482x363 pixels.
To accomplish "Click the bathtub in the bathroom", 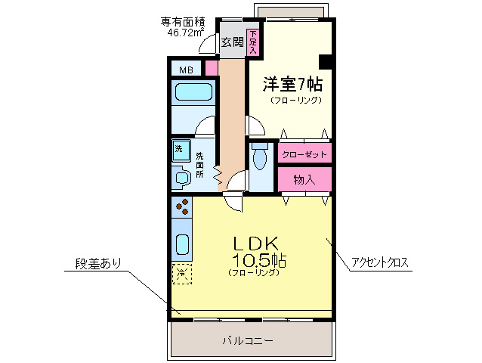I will (194, 94).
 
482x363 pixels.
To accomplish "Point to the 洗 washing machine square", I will (179, 148).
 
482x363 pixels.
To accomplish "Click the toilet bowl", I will (260, 158).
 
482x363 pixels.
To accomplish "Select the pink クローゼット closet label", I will (304, 154).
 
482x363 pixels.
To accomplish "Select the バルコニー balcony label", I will (248, 341).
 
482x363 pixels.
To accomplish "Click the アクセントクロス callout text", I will (379, 263).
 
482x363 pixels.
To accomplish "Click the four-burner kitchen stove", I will (181, 206).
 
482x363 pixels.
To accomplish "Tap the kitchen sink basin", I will (182, 244).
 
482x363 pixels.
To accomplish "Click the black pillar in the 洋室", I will (326, 61).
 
